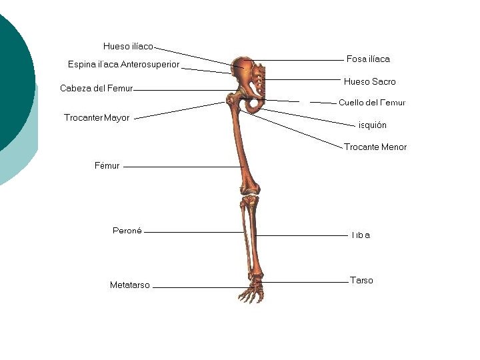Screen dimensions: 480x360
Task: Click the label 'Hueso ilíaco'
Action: (x=128, y=46)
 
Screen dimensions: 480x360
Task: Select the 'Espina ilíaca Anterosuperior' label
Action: (x=123, y=65)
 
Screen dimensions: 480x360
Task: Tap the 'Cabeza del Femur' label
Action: (x=96, y=88)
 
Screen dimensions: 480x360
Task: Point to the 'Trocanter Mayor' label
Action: (x=97, y=118)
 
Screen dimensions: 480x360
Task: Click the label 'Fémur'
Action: (x=107, y=166)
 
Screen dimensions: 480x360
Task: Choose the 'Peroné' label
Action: (x=127, y=231)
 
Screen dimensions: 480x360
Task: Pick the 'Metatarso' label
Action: (x=129, y=285)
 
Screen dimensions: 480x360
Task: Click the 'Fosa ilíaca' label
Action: (x=368, y=59)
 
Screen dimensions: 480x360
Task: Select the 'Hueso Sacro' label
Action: (x=369, y=82)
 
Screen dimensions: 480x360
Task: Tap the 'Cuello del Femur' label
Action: (x=371, y=103)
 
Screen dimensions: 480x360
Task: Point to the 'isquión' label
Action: (x=372, y=125)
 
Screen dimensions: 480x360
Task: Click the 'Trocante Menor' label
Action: (x=375, y=147)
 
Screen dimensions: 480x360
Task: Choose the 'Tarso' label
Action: (x=361, y=281)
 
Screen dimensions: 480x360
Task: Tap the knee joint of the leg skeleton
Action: (x=250, y=196)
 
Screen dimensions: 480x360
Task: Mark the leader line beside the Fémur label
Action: (x=180, y=167)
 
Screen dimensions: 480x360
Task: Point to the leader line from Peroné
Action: (x=193, y=232)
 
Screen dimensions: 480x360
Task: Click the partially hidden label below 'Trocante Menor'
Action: (x=360, y=235)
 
